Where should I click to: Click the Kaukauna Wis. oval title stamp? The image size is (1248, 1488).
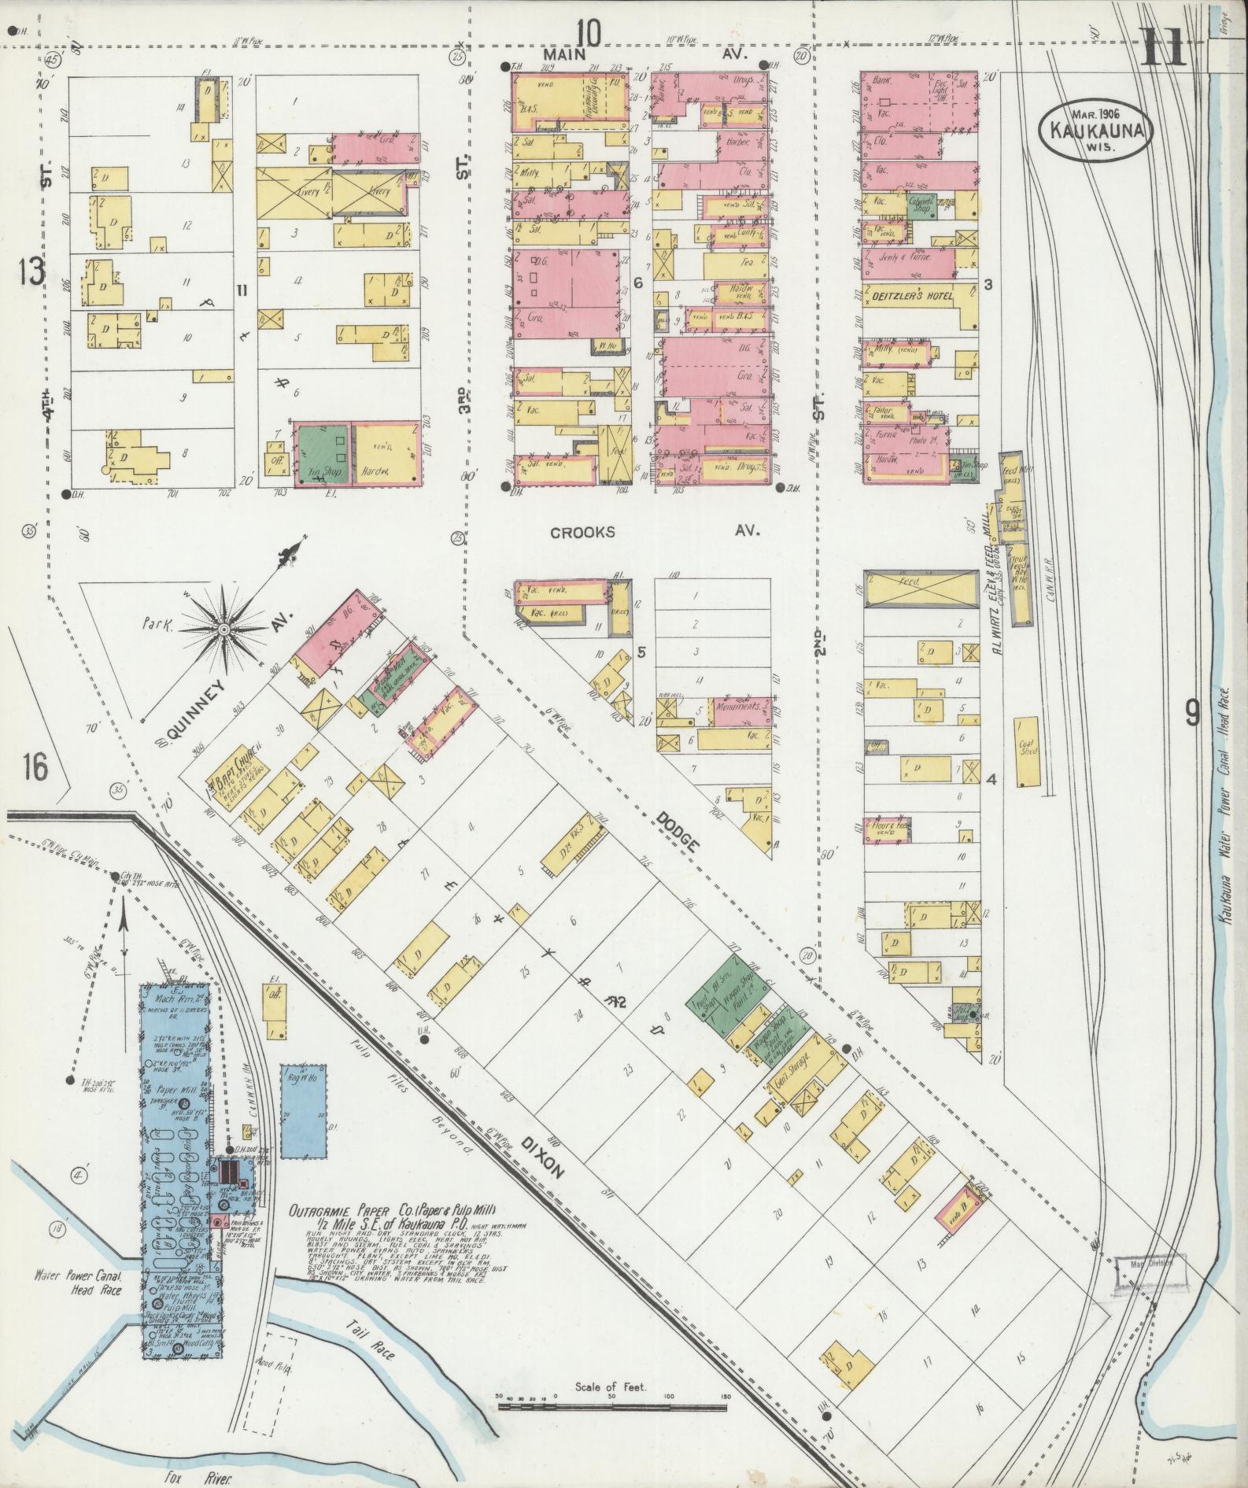pos(1098,129)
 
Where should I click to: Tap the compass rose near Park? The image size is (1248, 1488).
pos(224,629)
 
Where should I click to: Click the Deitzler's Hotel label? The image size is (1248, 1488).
pos(912,296)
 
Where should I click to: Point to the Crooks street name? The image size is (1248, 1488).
pos(582,533)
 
